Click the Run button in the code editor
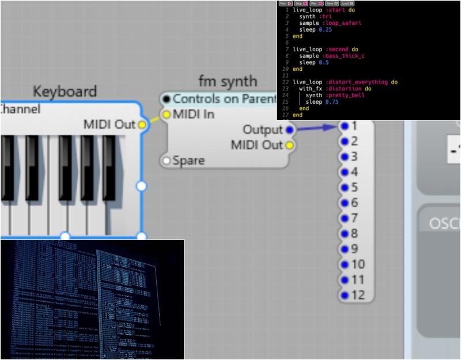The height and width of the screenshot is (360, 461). click(284, 3)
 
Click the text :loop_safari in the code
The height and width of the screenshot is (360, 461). click(341, 23)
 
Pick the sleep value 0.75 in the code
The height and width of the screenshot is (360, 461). click(331, 102)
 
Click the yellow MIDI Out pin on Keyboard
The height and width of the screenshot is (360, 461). click(142, 124)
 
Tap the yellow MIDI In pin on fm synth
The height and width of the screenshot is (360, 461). click(167, 115)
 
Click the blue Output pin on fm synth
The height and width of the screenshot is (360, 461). click(289, 130)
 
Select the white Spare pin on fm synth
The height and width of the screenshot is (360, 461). click(167, 161)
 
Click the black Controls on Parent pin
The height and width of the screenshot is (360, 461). click(167, 99)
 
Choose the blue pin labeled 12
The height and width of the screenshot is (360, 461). click(345, 295)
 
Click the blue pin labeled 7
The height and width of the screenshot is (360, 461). click(345, 218)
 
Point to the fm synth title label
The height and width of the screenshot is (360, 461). click(228, 81)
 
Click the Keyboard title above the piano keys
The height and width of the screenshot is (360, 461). click(65, 91)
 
